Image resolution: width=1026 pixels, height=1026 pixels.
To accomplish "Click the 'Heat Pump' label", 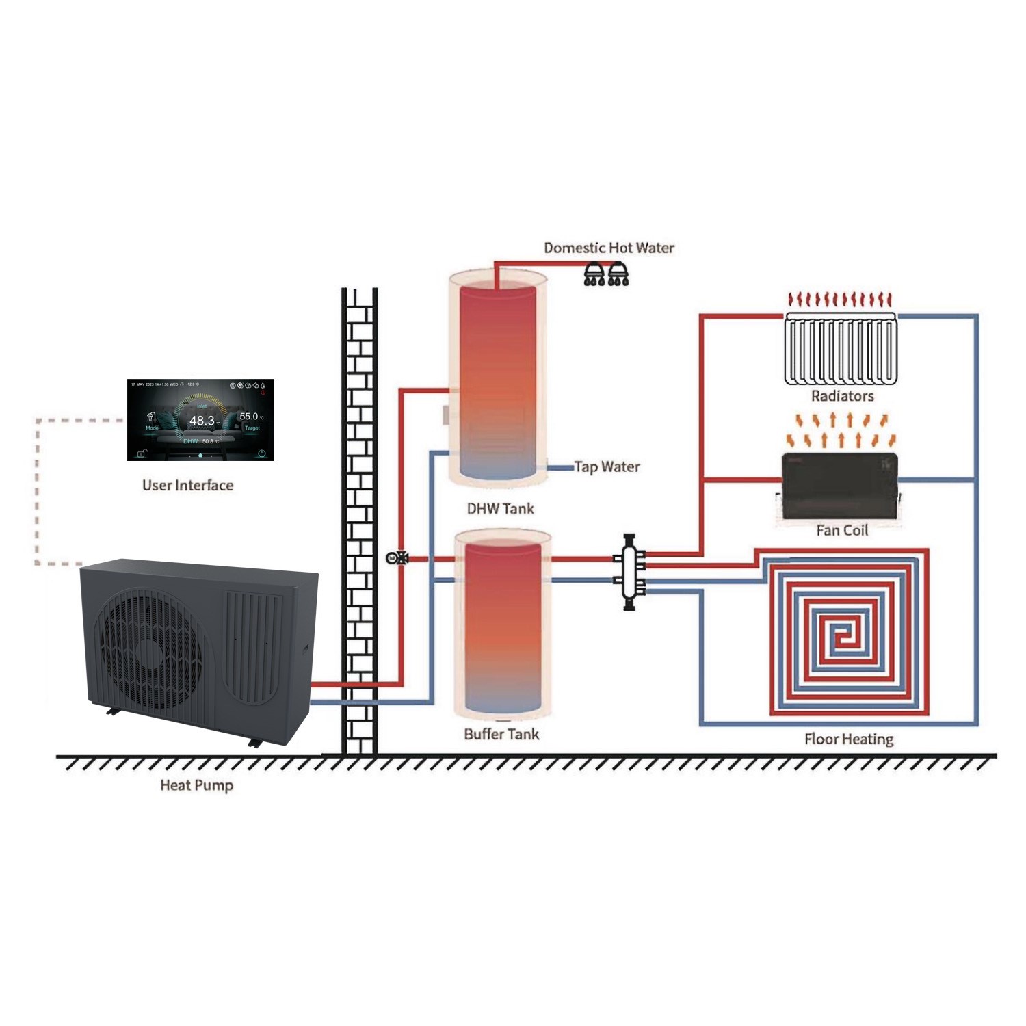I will click(x=196, y=785).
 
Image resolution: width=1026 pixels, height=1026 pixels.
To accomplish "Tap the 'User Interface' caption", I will click(x=187, y=486).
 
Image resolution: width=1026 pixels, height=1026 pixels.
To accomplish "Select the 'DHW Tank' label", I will click(x=500, y=509).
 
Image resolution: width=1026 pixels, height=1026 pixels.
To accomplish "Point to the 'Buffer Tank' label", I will click(x=501, y=735).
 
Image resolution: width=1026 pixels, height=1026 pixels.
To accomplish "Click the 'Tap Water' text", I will click(x=607, y=467).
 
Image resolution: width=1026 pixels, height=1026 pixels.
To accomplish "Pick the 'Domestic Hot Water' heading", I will click(x=609, y=248).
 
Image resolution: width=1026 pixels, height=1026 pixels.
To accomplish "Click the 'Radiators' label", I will click(x=842, y=396).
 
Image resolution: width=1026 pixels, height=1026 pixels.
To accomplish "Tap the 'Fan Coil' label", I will click(x=841, y=530).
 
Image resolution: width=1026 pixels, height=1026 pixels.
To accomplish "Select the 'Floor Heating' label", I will click(x=848, y=739).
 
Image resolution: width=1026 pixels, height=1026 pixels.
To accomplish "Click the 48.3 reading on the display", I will click(x=202, y=421).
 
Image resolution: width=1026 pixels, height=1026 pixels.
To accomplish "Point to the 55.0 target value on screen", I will click(x=249, y=417).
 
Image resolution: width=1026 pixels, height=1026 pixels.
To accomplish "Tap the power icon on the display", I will click(x=261, y=453).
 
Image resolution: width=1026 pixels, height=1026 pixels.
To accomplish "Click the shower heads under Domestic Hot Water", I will click(x=606, y=275).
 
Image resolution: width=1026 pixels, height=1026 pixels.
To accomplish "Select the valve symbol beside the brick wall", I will click(x=397, y=558).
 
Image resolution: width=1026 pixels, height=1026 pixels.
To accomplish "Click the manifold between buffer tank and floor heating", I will click(x=629, y=571).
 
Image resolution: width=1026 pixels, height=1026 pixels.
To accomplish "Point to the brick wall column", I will click(x=360, y=520).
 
